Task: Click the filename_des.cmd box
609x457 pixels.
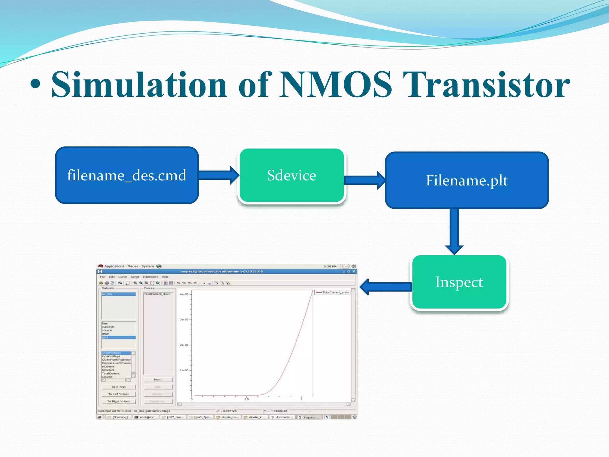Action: [127, 175]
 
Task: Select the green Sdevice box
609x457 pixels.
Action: [291, 175]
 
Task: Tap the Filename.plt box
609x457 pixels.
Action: [467, 180]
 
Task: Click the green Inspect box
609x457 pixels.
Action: [459, 282]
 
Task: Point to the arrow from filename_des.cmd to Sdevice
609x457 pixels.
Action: [219, 175]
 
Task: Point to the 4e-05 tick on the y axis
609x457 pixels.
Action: [184, 294]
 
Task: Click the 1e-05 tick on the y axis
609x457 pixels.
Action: [184, 370]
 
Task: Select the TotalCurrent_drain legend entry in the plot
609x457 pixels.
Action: [333, 292]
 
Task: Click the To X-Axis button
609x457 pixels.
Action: [118, 387]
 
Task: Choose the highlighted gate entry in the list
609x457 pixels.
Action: [118, 337]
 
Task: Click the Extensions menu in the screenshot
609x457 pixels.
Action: [150, 277]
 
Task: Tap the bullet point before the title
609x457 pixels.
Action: [35, 85]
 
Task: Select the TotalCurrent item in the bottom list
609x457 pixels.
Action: [111, 373]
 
